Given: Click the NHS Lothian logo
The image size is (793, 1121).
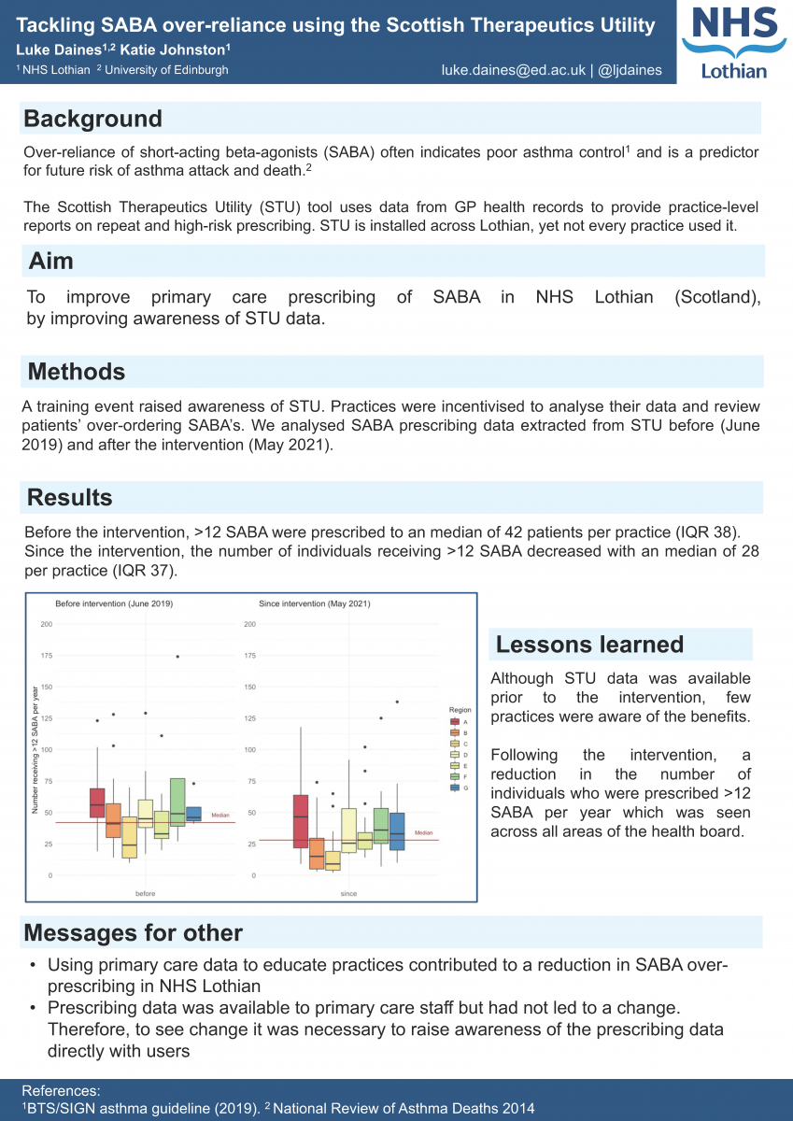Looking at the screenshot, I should pyautogui.click(x=736, y=43).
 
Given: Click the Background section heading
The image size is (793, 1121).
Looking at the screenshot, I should pyautogui.click(x=93, y=119).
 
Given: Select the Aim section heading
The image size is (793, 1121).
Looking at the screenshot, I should pyautogui.click(x=51, y=261).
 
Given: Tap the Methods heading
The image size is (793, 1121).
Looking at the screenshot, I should pyautogui.click(x=77, y=372).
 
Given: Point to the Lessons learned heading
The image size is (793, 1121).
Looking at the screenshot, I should pyautogui.click(x=589, y=645).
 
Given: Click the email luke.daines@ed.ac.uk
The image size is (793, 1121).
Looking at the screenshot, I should pyautogui.click(x=514, y=70).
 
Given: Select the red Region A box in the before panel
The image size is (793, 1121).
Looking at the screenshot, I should pyautogui.click(x=97, y=802).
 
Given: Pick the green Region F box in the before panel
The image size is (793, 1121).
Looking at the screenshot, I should pyautogui.click(x=177, y=801).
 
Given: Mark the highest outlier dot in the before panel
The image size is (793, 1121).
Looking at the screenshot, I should pyautogui.click(x=177, y=657).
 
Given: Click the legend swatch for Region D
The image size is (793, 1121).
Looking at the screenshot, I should pyautogui.click(x=455, y=754).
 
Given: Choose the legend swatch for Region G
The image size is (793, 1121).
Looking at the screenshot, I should pyautogui.click(x=455, y=788).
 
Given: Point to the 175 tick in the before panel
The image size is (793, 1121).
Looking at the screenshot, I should pyautogui.click(x=46, y=656).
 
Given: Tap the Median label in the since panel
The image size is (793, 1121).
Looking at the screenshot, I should pyautogui.click(x=423, y=832).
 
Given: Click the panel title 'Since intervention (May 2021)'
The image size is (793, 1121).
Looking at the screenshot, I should pyautogui.click(x=315, y=603).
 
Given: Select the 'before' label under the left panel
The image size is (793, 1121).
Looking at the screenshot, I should pyautogui.click(x=145, y=894).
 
